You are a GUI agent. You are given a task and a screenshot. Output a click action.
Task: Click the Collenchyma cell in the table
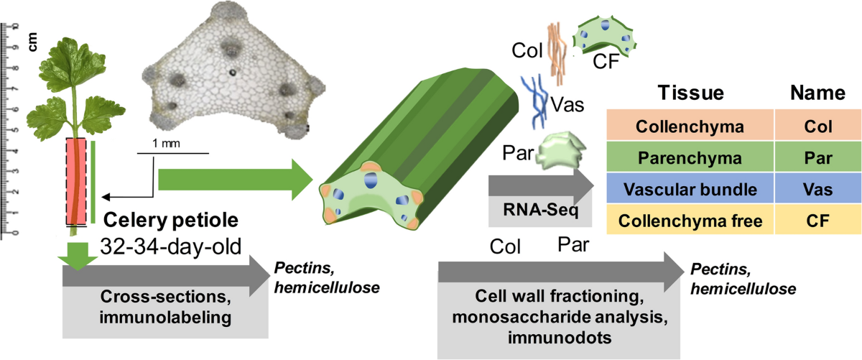(x=690, y=126)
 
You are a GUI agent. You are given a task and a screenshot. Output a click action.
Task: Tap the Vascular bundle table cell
(x=690, y=190)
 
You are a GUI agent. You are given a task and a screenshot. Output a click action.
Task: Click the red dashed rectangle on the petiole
(x=76, y=181)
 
